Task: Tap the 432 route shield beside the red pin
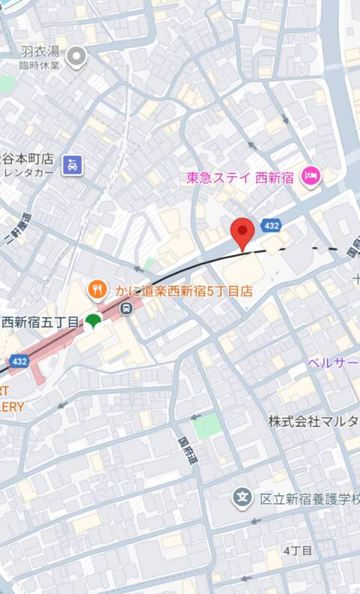coord(271,225)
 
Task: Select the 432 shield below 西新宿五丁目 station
coord(19,361)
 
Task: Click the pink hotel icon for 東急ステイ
coord(310,177)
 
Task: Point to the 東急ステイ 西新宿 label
coord(241,178)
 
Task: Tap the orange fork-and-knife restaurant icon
coord(96,287)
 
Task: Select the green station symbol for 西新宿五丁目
coord(92,322)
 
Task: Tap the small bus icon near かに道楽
coord(128,307)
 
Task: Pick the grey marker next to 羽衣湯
coord(76,55)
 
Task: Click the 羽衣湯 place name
coord(40,51)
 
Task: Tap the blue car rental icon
coord(72,164)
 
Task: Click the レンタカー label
coord(26,172)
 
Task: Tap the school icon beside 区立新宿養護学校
coord(241,497)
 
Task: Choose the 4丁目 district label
coord(298,550)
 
